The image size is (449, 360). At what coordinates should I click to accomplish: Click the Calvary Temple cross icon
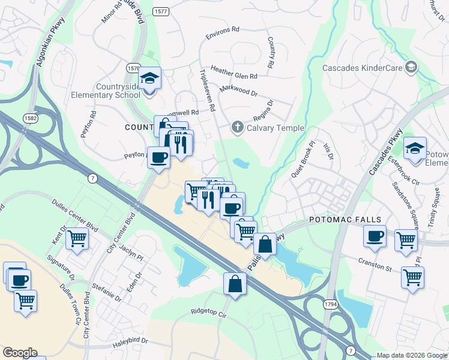tap(237, 127)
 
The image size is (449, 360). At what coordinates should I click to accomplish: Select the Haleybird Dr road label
tap(127, 340)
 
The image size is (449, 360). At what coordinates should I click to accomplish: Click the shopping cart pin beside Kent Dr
tap(77, 239)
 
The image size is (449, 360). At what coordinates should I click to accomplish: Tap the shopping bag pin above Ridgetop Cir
tap(235, 284)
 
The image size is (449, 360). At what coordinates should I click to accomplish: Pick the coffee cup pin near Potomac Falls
tap(375, 235)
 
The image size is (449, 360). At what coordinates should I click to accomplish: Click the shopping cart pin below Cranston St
tap(412, 278)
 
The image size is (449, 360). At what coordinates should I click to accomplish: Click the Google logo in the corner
tap(20, 353)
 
